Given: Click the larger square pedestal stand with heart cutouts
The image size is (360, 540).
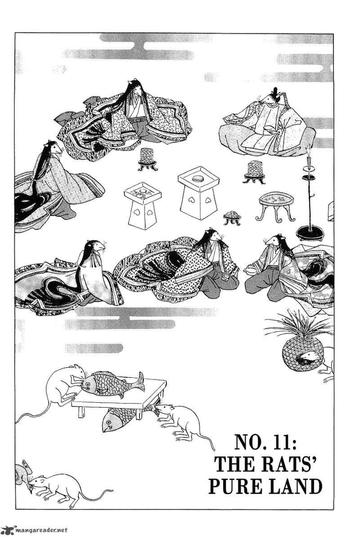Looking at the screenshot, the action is click(x=199, y=193).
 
